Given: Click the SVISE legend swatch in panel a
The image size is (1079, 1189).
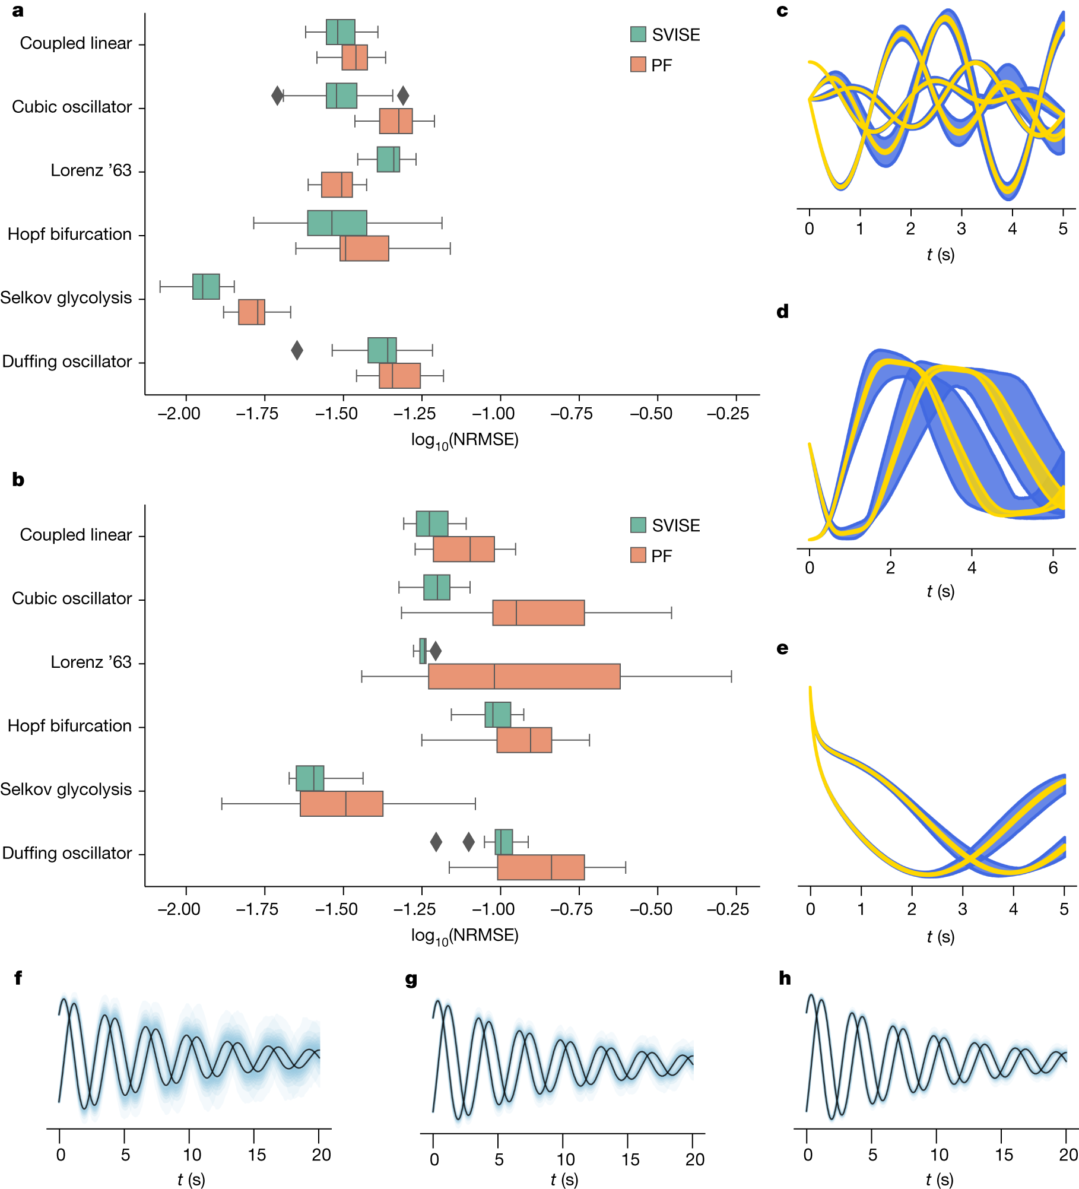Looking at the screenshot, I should (x=638, y=34).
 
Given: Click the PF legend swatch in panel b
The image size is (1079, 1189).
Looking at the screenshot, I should (x=638, y=556).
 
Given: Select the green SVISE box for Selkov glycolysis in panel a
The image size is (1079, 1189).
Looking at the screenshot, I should (x=206, y=287).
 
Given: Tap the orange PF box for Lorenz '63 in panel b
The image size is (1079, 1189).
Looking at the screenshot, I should (x=524, y=677).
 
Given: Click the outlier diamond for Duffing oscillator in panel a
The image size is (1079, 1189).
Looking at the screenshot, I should (x=297, y=350).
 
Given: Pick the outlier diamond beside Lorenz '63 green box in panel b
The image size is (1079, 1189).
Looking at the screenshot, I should (x=436, y=651).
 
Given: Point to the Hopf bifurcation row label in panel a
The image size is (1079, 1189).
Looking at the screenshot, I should (x=69, y=234).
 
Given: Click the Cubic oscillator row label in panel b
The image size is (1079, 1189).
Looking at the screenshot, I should (x=72, y=598).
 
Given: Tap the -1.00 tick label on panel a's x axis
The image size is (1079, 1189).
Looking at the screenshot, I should (x=493, y=414).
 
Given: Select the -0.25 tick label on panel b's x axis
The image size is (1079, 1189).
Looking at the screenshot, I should (x=728, y=909).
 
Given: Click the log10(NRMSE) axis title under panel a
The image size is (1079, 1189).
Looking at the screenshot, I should (x=465, y=440).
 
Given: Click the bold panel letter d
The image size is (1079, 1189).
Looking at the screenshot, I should (x=782, y=312).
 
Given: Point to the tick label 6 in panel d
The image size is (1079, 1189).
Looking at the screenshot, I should (x=1053, y=568).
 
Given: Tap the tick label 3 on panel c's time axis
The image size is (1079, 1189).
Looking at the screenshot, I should (x=961, y=229).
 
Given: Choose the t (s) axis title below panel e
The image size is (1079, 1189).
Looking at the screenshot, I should (x=940, y=937).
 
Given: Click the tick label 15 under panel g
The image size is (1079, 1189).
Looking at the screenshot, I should (x=630, y=1159).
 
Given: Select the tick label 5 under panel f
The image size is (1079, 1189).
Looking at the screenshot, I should (x=125, y=1155).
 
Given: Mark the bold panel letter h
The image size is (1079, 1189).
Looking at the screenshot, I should (x=785, y=978).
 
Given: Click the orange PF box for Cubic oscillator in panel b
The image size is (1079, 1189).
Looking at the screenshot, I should (x=538, y=613).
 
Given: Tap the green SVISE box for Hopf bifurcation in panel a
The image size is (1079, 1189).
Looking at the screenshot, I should (x=337, y=223).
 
